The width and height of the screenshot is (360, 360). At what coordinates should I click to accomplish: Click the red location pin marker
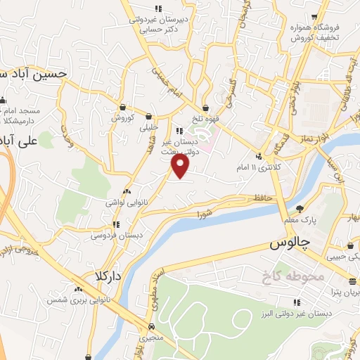(x=181, y=165)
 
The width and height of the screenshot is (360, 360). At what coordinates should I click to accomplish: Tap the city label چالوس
(x=290, y=243)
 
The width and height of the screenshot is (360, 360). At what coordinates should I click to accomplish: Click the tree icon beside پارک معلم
(x=300, y=209)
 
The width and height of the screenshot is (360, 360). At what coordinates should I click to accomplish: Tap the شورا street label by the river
(x=205, y=212)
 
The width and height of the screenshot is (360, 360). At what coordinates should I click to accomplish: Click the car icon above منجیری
(x=152, y=327)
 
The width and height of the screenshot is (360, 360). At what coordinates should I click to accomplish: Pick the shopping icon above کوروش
(x=123, y=108)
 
